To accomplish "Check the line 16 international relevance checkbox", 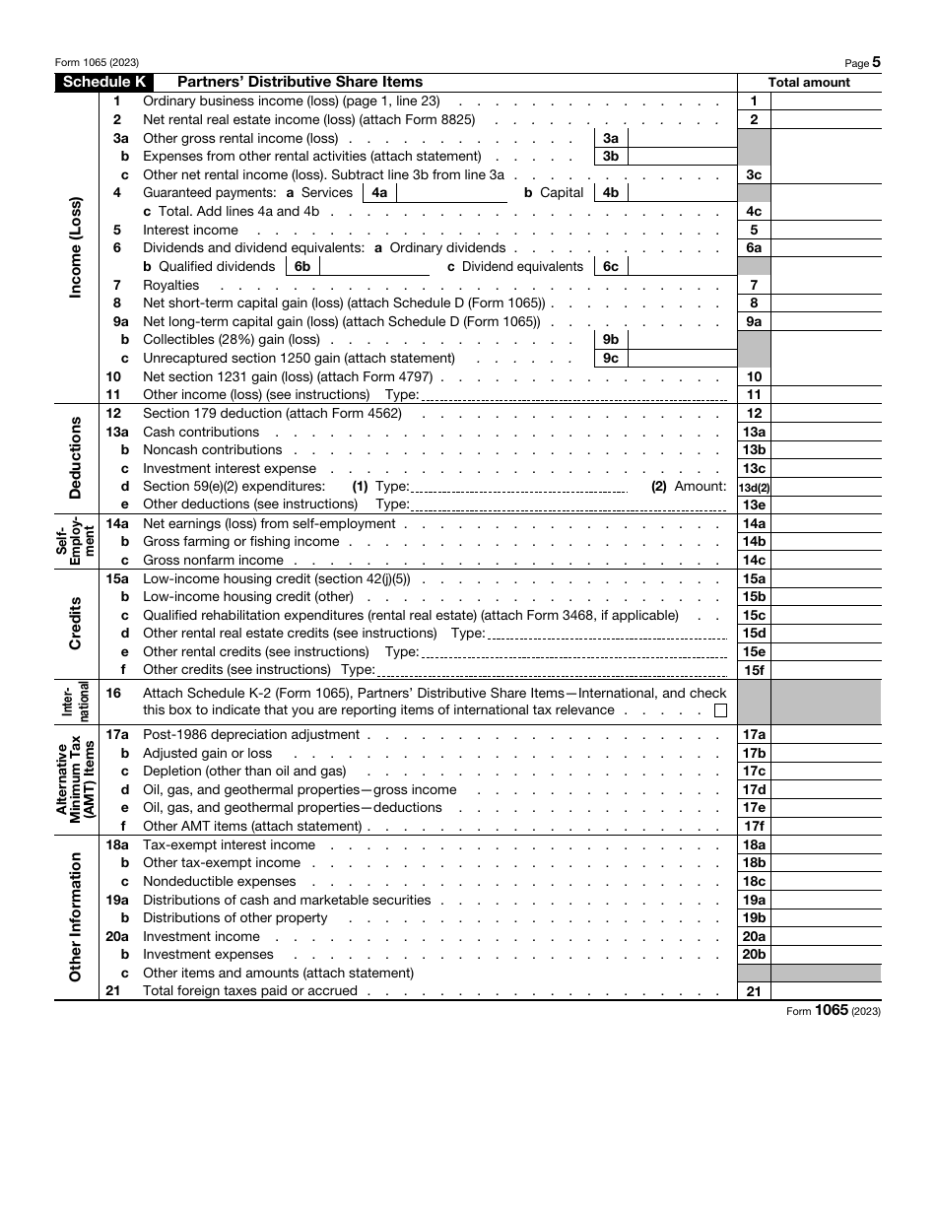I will click(720, 710).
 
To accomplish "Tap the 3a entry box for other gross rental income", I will click(681, 139).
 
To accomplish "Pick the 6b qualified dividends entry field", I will click(375, 267).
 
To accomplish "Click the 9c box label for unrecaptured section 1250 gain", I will click(611, 359).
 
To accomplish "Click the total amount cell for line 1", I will click(825, 101).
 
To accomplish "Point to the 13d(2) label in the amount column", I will click(754, 487).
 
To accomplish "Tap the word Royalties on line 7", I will click(170, 286).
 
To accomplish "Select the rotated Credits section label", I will click(76, 624).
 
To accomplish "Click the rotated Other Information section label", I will click(76, 916).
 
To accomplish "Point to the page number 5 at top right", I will click(876, 62).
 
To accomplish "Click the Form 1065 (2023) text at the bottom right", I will click(832, 1011).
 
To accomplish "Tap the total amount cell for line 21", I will click(825, 991).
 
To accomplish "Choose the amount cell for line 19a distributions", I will click(825, 900).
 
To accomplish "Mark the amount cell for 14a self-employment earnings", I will click(825, 524).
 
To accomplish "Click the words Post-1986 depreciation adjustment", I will click(251, 735).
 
